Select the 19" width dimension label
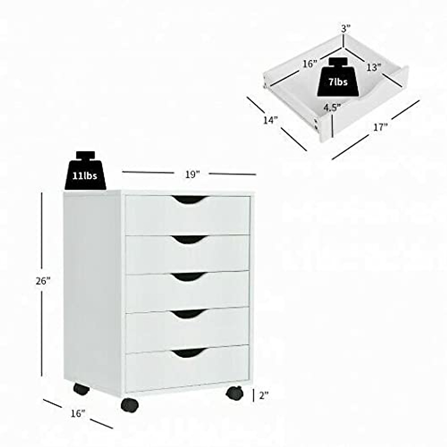pos(192,174)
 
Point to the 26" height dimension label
pos(43,281)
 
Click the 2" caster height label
pos(264,396)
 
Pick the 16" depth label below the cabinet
pos(77,413)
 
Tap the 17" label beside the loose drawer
pos(380,127)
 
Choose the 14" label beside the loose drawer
pos(271,120)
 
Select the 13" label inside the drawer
pos(374,68)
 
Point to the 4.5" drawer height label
pos(332,108)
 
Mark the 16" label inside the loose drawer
pos(309,64)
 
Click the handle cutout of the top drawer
pos(190,200)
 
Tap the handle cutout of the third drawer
pos(189,276)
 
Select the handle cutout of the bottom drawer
pos(189,353)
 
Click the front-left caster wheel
pos(129,405)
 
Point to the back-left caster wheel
pos(81,389)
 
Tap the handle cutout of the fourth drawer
pos(189,314)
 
